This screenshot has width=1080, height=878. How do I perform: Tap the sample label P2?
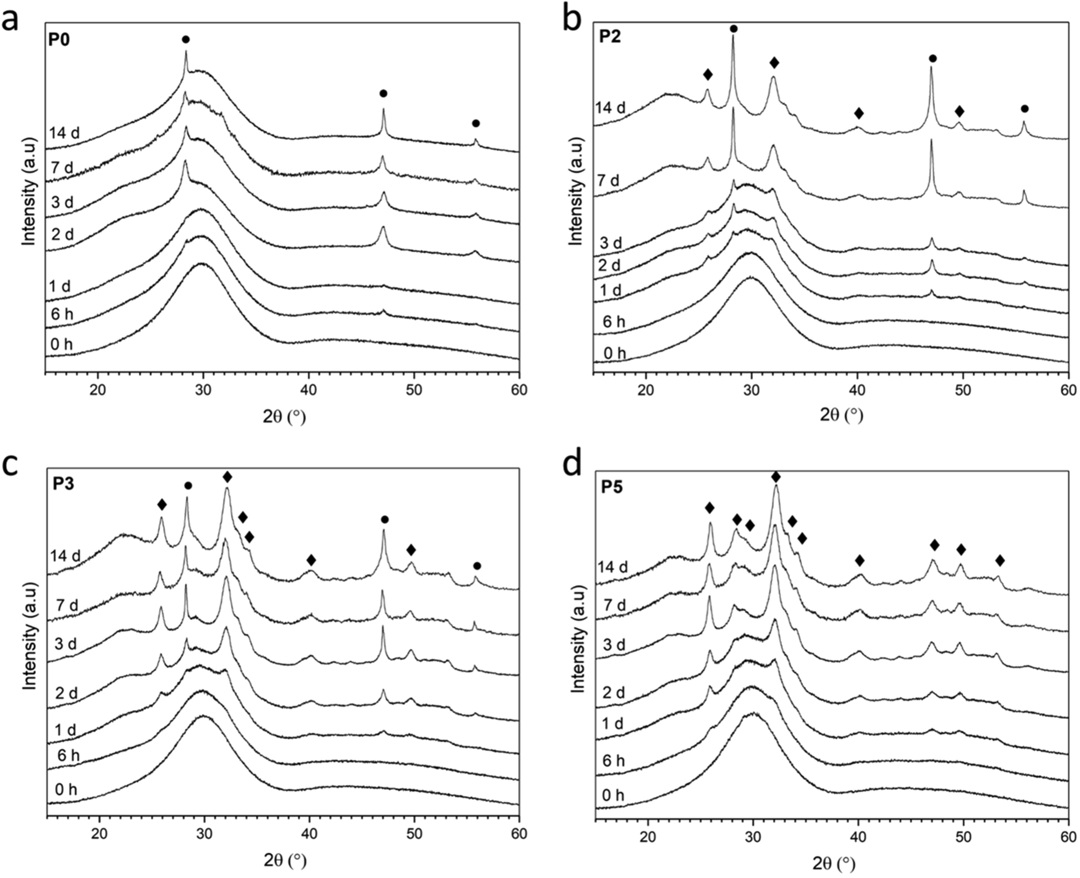coord(611,38)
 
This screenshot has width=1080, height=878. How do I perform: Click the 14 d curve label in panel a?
coord(64,132)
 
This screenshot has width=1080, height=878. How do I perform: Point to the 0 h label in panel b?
coord(615,353)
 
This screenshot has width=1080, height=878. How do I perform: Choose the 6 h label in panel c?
coord(68,756)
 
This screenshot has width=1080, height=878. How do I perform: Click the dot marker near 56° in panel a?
coord(476,123)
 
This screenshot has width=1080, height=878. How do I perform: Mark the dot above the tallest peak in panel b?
coord(733,29)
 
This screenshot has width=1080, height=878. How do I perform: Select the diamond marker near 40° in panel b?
coord(859,114)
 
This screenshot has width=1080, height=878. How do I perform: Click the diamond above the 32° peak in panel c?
coord(227,477)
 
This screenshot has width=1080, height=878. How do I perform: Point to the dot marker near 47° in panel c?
coord(384,519)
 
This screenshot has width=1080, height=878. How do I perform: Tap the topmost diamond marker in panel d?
coord(775,477)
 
